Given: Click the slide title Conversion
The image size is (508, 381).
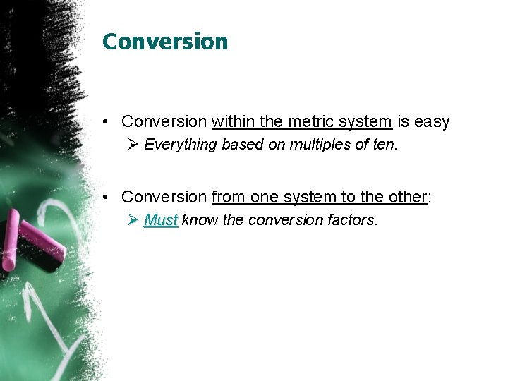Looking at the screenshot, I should click(165, 42).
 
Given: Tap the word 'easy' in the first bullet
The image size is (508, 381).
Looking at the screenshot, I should click(431, 122).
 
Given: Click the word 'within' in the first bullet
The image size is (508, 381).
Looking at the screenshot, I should click(234, 122).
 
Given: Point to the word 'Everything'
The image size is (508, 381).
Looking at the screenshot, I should click(181, 145).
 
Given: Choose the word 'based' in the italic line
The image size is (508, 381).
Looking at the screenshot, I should click(238, 145).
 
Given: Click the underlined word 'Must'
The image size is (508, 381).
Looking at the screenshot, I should click(160, 220).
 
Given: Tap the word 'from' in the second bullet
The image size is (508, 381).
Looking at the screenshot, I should click(228, 197).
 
